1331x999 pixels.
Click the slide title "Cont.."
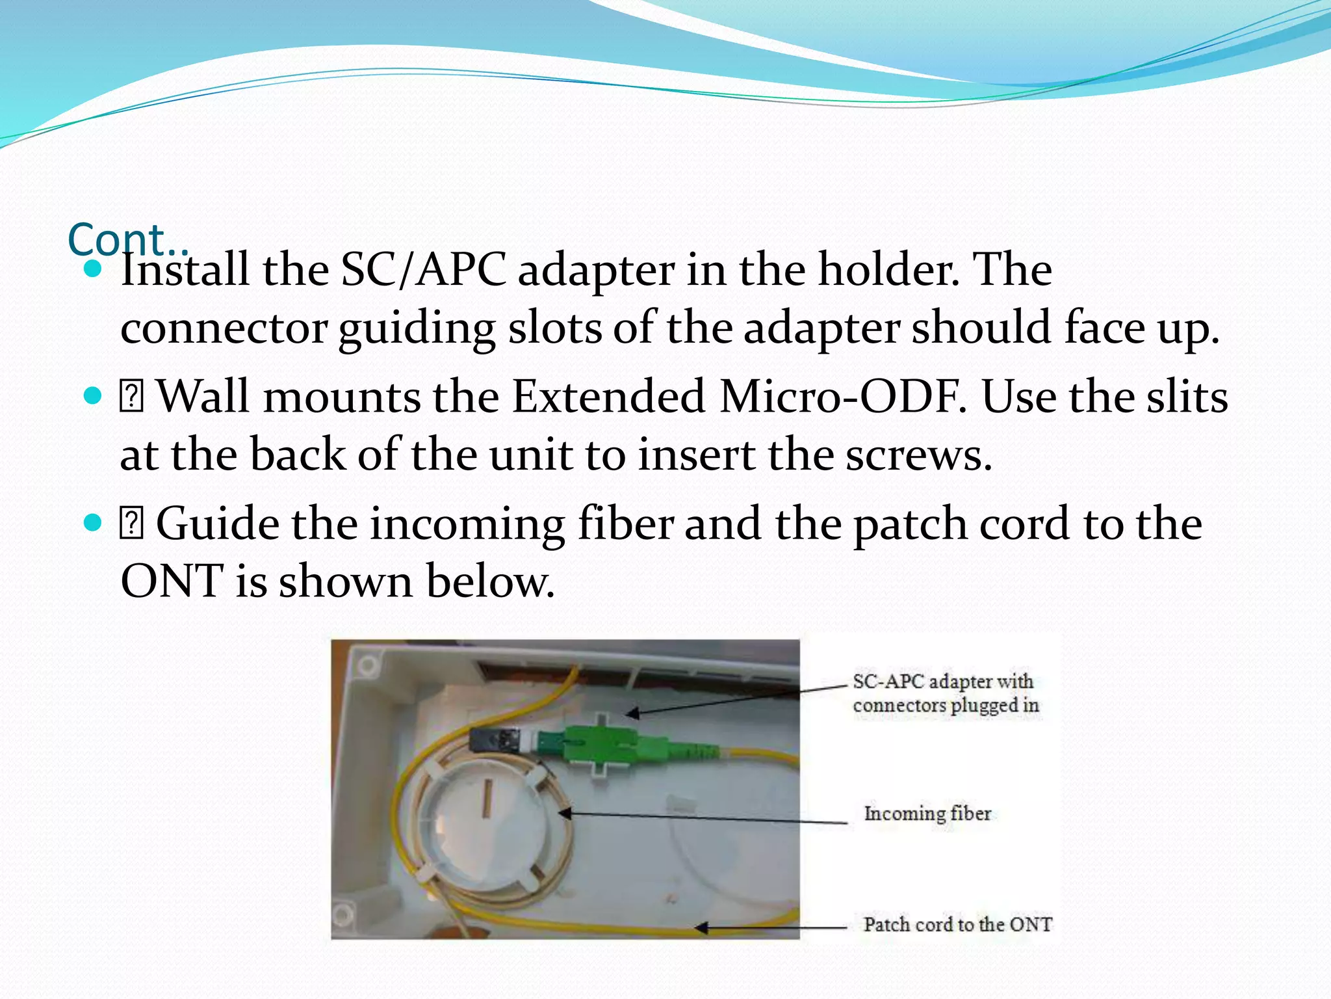(127, 239)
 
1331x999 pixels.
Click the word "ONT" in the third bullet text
(172, 580)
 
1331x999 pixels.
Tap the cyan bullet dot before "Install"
(94, 269)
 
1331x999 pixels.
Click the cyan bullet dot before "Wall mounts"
(94, 395)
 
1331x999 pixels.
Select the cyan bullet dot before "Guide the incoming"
(94, 522)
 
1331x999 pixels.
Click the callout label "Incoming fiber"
(927, 813)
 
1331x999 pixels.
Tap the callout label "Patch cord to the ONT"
(957, 924)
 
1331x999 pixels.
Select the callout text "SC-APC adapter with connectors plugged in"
(945, 693)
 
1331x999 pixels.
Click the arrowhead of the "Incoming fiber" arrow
(565, 813)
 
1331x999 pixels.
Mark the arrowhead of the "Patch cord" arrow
(701, 927)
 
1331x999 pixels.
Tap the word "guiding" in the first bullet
(417, 328)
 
